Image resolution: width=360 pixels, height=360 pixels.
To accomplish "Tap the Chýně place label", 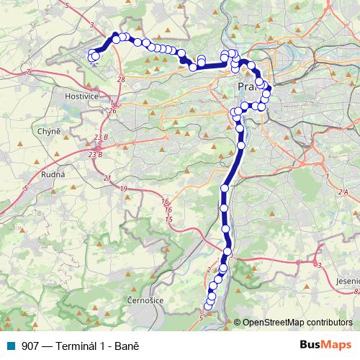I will [x=48, y=131].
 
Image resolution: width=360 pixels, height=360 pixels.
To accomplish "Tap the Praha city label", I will [x=246, y=86].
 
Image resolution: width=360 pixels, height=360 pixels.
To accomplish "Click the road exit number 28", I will [x=120, y=79].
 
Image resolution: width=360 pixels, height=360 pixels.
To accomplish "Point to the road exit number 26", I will [x=112, y=111].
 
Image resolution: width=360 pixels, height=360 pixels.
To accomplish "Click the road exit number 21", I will [x=107, y=177].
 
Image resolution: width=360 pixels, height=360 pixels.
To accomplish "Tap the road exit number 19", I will [x=125, y=189].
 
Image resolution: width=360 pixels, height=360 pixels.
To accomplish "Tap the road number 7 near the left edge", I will [x=27, y=72].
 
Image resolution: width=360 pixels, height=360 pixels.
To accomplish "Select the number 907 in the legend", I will [x=30, y=346].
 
